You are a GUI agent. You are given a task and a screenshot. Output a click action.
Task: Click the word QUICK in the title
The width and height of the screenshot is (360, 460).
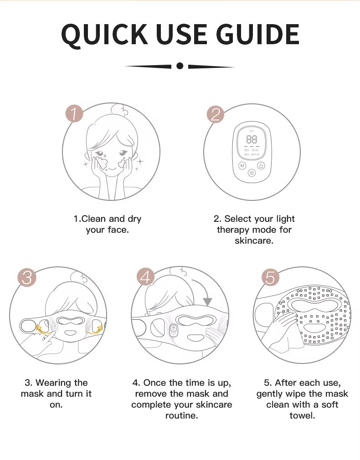[x=105, y=35]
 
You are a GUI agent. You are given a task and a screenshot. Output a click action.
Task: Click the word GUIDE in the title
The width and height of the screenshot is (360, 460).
[x=259, y=34]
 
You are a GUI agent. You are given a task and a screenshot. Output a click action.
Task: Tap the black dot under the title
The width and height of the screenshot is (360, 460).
[x=180, y=66]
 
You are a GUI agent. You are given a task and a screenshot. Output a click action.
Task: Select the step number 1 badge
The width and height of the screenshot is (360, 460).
[x=74, y=113]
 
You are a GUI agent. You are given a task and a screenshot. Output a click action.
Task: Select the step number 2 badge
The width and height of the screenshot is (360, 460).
[x=216, y=114]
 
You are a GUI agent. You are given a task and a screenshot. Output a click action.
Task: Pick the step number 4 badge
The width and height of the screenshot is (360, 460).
[x=146, y=277]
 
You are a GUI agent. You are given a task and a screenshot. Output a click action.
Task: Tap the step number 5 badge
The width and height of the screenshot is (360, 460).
[x=270, y=277]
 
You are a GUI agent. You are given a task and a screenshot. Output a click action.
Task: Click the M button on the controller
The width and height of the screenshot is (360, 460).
[x=242, y=166]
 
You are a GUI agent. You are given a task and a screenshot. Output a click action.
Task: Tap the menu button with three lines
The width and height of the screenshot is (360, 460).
[x=252, y=173]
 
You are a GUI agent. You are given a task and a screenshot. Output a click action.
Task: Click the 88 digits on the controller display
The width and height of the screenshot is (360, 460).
[x=252, y=139]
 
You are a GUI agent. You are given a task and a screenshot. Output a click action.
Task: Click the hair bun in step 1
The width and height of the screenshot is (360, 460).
[x=120, y=111]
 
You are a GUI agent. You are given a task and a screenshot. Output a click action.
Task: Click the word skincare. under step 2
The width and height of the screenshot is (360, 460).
[x=254, y=241]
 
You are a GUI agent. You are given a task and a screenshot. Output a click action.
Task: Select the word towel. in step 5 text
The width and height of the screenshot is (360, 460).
[x=302, y=416]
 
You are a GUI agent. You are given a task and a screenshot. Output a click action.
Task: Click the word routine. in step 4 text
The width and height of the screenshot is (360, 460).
[x=181, y=416]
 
